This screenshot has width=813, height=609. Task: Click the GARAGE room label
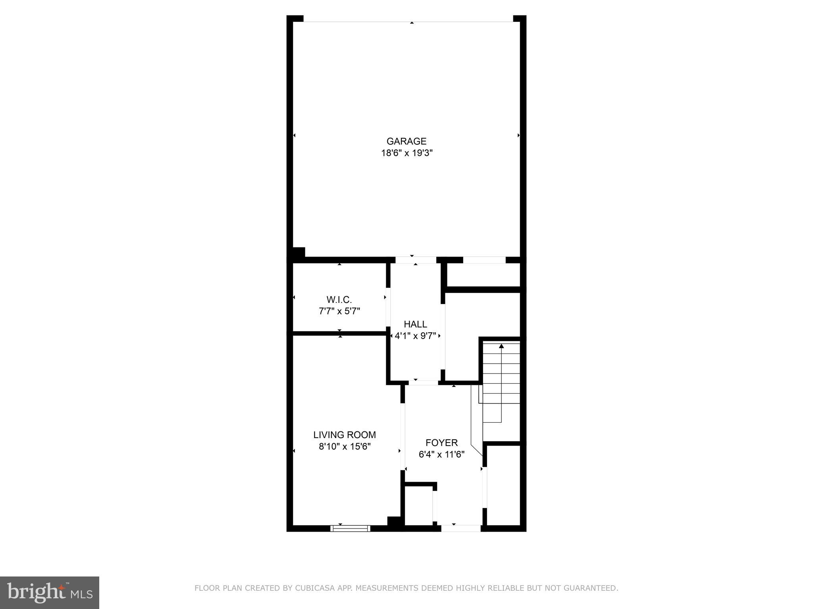coord(406,141)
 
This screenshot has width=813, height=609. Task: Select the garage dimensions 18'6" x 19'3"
coord(406,153)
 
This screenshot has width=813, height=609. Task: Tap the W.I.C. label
coord(339,300)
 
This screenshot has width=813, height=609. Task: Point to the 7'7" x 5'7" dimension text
coord(339,311)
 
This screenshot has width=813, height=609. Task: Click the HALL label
coord(415,324)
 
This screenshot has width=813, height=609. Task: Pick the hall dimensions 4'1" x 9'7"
coord(415,336)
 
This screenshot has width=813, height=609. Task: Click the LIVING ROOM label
coord(345,435)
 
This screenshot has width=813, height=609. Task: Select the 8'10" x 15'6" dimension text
coord(345,446)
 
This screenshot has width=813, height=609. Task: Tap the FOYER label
coord(441,442)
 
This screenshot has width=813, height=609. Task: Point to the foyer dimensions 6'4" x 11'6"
coord(441,454)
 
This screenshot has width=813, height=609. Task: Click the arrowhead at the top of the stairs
coord(501,346)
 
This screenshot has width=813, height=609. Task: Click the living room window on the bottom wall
coord(350,529)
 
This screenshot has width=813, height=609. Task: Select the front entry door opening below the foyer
coord(461,529)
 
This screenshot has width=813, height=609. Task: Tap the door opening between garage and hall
coord(416,260)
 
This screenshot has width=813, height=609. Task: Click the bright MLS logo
coord(49,592)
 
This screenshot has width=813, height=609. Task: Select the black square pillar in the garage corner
coord(299,253)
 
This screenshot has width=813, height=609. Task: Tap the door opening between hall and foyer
coord(423,383)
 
